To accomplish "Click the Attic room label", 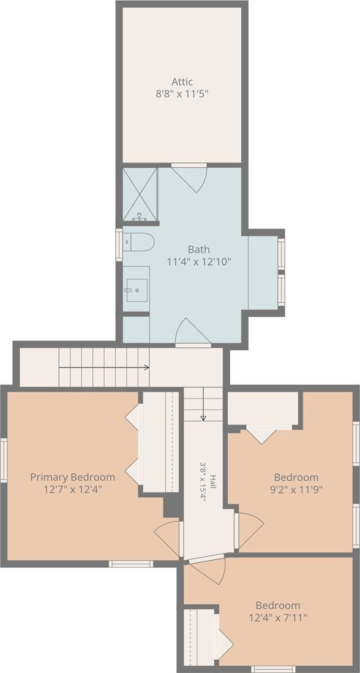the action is (x=182, y=81).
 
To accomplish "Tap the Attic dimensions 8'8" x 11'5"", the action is (x=182, y=94).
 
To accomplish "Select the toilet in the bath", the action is (x=138, y=243).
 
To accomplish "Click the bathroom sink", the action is (x=137, y=290).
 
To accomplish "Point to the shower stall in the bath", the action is (x=140, y=194).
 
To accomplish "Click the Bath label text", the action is (x=198, y=249).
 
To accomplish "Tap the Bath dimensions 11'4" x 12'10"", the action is (x=198, y=261).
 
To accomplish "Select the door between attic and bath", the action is (x=190, y=177).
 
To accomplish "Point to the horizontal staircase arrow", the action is (x=104, y=367).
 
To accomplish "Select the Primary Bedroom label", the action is (x=72, y=477).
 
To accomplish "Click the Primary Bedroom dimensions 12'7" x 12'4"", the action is (x=72, y=489).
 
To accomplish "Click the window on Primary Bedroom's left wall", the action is (x=4, y=461).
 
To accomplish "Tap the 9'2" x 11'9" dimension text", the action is (x=296, y=489).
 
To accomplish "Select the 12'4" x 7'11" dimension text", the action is (x=278, y=617).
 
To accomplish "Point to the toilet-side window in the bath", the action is (x=119, y=245).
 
